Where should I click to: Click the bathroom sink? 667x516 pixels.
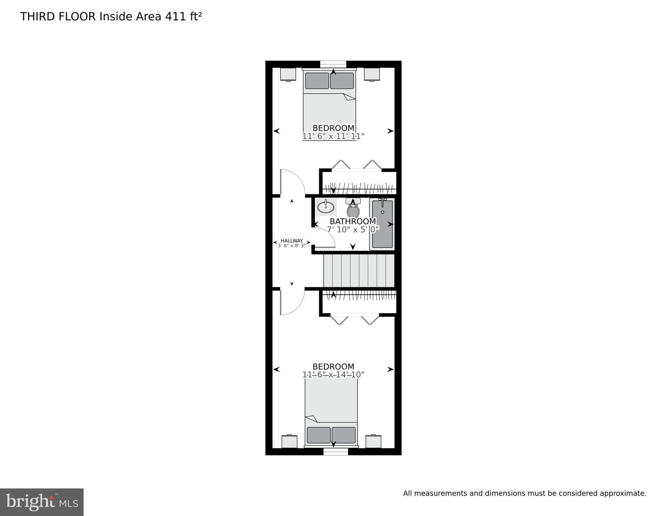click(x=326, y=207)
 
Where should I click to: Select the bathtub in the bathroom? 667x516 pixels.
click(x=382, y=224)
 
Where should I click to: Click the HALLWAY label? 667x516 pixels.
click(x=292, y=241)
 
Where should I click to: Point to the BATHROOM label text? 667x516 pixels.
click(x=353, y=221)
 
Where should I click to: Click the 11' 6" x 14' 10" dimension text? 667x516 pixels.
click(x=333, y=374)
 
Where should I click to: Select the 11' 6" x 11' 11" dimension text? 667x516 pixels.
click(x=333, y=136)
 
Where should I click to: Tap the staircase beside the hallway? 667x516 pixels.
click(x=359, y=271)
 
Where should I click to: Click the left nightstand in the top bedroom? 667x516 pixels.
click(x=288, y=74)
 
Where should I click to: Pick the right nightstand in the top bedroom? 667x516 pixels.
click(x=372, y=74)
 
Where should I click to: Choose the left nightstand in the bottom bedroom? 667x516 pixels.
click(x=289, y=441)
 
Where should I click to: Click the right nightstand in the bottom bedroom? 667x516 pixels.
click(x=373, y=441)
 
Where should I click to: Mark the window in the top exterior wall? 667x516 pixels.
click(x=333, y=64)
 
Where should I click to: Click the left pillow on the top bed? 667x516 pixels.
click(x=317, y=81)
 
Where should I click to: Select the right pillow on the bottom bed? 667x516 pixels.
click(x=344, y=435)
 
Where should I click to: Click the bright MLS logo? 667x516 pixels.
click(x=42, y=502)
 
